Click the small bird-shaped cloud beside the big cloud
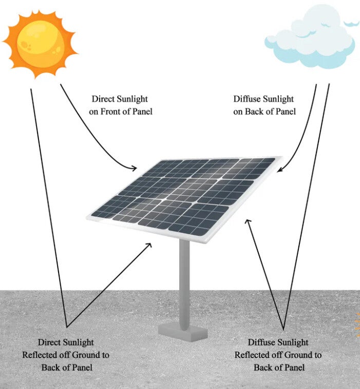(x=352, y=23)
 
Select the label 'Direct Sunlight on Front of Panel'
(x=121, y=105)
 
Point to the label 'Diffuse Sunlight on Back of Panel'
(x=264, y=105)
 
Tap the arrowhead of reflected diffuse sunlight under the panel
(x=248, y=222)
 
